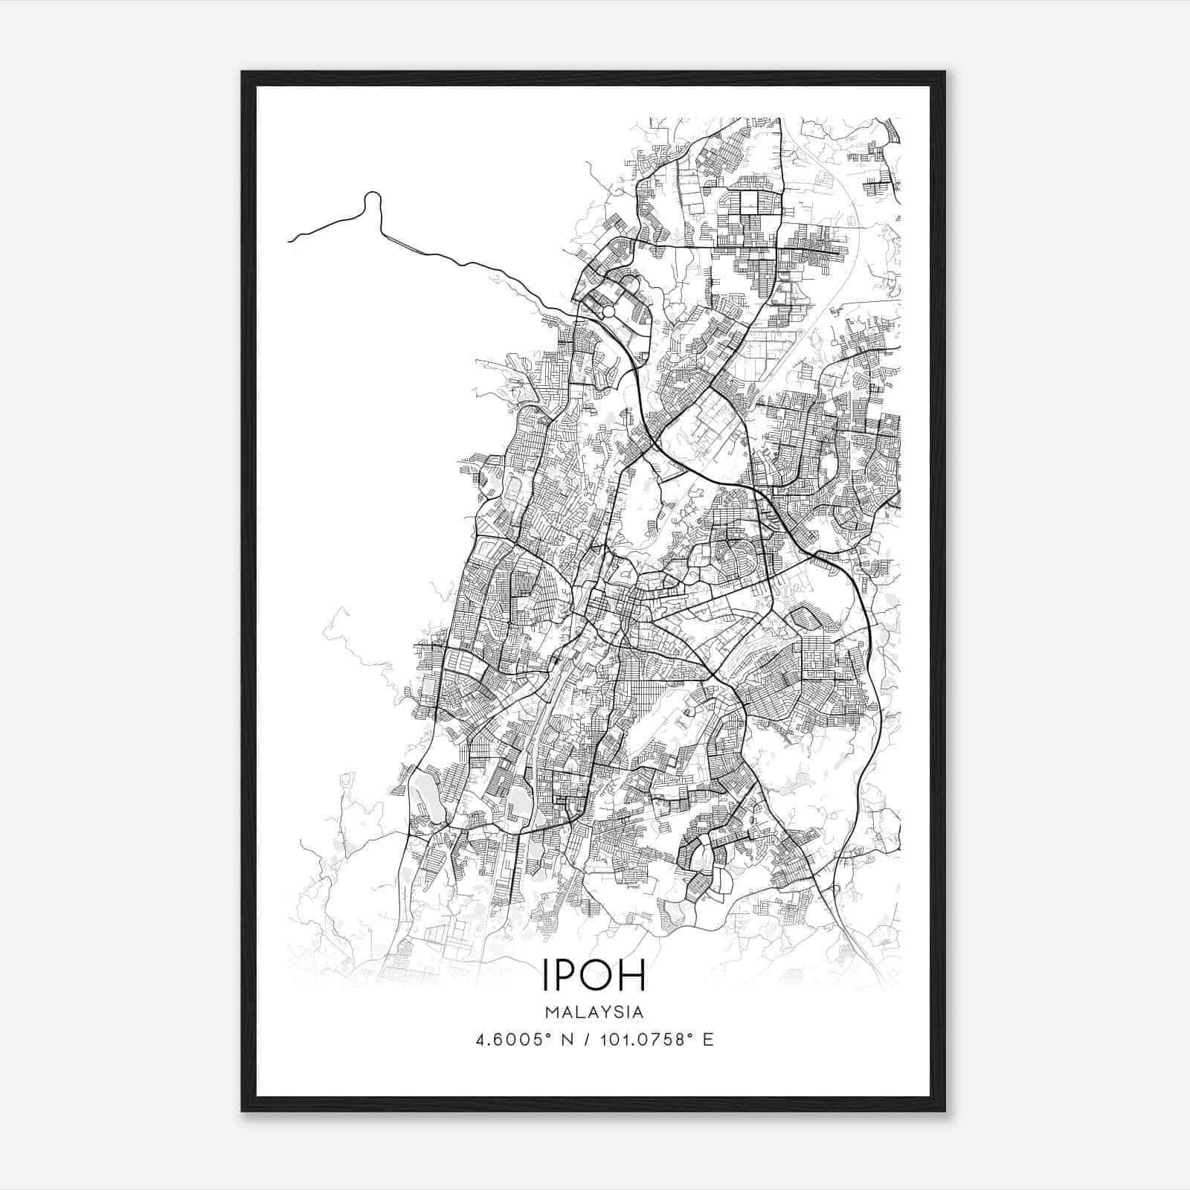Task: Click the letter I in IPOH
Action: tap(546, 977)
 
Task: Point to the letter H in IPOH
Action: tap(633, 977)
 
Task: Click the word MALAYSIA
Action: tap(594, 1012)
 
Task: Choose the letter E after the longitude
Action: tap(708, 1040)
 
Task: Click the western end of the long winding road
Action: tap(289, 240)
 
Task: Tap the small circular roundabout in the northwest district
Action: tap(608, 312)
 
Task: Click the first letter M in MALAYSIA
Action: tap(551, 1012)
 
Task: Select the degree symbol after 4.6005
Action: tap(547, 1035)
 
